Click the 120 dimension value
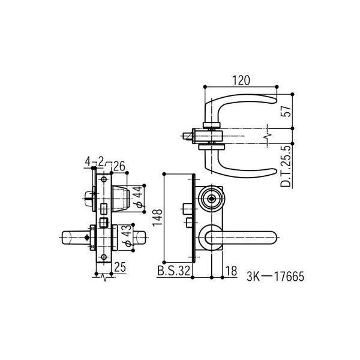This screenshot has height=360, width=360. [241, 80]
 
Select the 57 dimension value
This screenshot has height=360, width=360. [286, 112]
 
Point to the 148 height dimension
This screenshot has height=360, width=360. [158, 218]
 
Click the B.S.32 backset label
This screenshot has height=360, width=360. [174, 271]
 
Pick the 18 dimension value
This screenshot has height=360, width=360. [231, 271]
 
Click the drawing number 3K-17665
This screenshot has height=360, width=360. [275, 277]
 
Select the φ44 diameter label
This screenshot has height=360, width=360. [138, 197]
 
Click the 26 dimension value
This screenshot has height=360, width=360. [119, 166]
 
